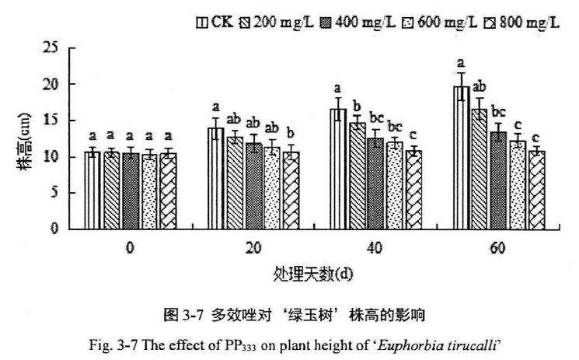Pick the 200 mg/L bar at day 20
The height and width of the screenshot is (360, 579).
pos(235,182)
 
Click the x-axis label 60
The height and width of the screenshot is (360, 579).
pos(499,248)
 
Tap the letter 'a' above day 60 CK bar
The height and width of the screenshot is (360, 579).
pos(461,63)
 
